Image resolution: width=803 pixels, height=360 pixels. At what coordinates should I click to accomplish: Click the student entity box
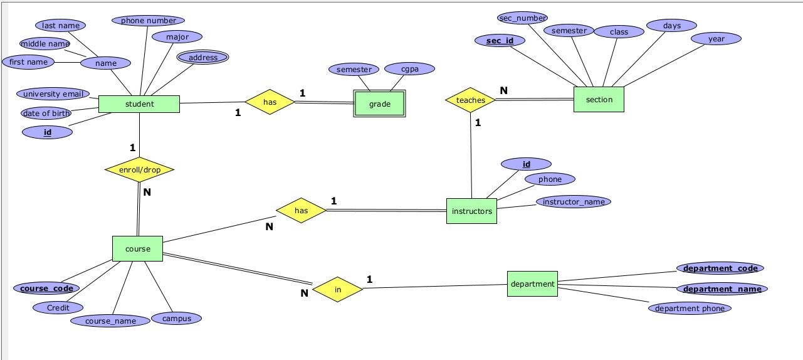pos(139,104)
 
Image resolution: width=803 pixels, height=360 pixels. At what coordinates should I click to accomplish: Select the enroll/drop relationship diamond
pos(139,169)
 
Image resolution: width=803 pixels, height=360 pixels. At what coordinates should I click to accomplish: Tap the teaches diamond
pos(470,100)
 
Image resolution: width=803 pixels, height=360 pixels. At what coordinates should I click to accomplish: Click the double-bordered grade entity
pos(380,104)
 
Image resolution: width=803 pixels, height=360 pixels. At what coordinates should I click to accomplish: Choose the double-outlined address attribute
pos(202,58)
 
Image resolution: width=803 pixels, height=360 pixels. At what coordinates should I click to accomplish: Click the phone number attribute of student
pos(148,21)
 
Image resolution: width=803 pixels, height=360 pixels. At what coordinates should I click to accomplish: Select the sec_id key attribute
pos(500,41)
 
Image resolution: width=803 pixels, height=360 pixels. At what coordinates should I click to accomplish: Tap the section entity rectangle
pos(599,100)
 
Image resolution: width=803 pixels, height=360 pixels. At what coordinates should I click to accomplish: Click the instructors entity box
pos(471,211)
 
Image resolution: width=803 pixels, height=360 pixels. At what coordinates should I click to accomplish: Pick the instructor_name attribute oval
pos(573,202)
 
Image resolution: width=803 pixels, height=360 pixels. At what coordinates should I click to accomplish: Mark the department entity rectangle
pos(532,284)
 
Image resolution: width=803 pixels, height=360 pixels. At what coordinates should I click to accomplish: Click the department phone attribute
pos(690,308)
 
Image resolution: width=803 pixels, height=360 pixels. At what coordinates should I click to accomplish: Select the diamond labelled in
pos(337,290)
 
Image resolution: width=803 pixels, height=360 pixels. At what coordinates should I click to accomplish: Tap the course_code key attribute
pos(46,289)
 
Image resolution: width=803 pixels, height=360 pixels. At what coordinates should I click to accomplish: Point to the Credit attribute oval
pos(58,307)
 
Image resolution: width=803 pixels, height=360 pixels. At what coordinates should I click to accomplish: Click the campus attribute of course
pos(177,318)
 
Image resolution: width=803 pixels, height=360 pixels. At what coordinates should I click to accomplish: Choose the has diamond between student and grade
pos(270,102)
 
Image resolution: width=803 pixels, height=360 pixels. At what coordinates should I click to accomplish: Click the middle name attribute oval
pos(45,43)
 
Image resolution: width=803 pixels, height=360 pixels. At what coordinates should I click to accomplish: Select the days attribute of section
pos(671,26)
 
